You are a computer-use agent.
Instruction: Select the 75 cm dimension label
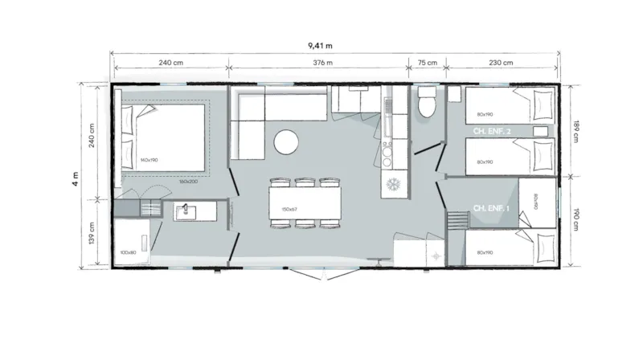click(428, 63)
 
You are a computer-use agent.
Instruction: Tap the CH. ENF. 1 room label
click(490, 209)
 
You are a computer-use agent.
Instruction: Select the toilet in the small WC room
click(426, 103)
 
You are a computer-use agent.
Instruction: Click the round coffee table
click(287, 142)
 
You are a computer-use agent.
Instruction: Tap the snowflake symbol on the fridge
click(394, 184)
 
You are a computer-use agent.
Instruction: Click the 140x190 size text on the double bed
click(149, 161)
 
